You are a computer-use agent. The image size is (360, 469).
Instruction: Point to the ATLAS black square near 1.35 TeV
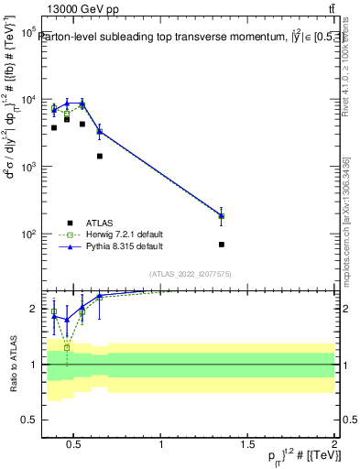(x=222, y=245)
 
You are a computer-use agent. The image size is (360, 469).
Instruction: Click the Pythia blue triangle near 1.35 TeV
(x=222, y=215)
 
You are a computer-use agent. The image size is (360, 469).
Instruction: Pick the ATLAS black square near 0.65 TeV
(x=99, y=156)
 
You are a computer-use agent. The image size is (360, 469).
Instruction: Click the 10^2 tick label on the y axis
(x=27, y=234)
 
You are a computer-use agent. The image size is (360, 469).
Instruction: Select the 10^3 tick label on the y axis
(x=27, y=167)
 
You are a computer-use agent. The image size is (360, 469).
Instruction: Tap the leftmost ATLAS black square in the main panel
(x=54, y=127)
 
